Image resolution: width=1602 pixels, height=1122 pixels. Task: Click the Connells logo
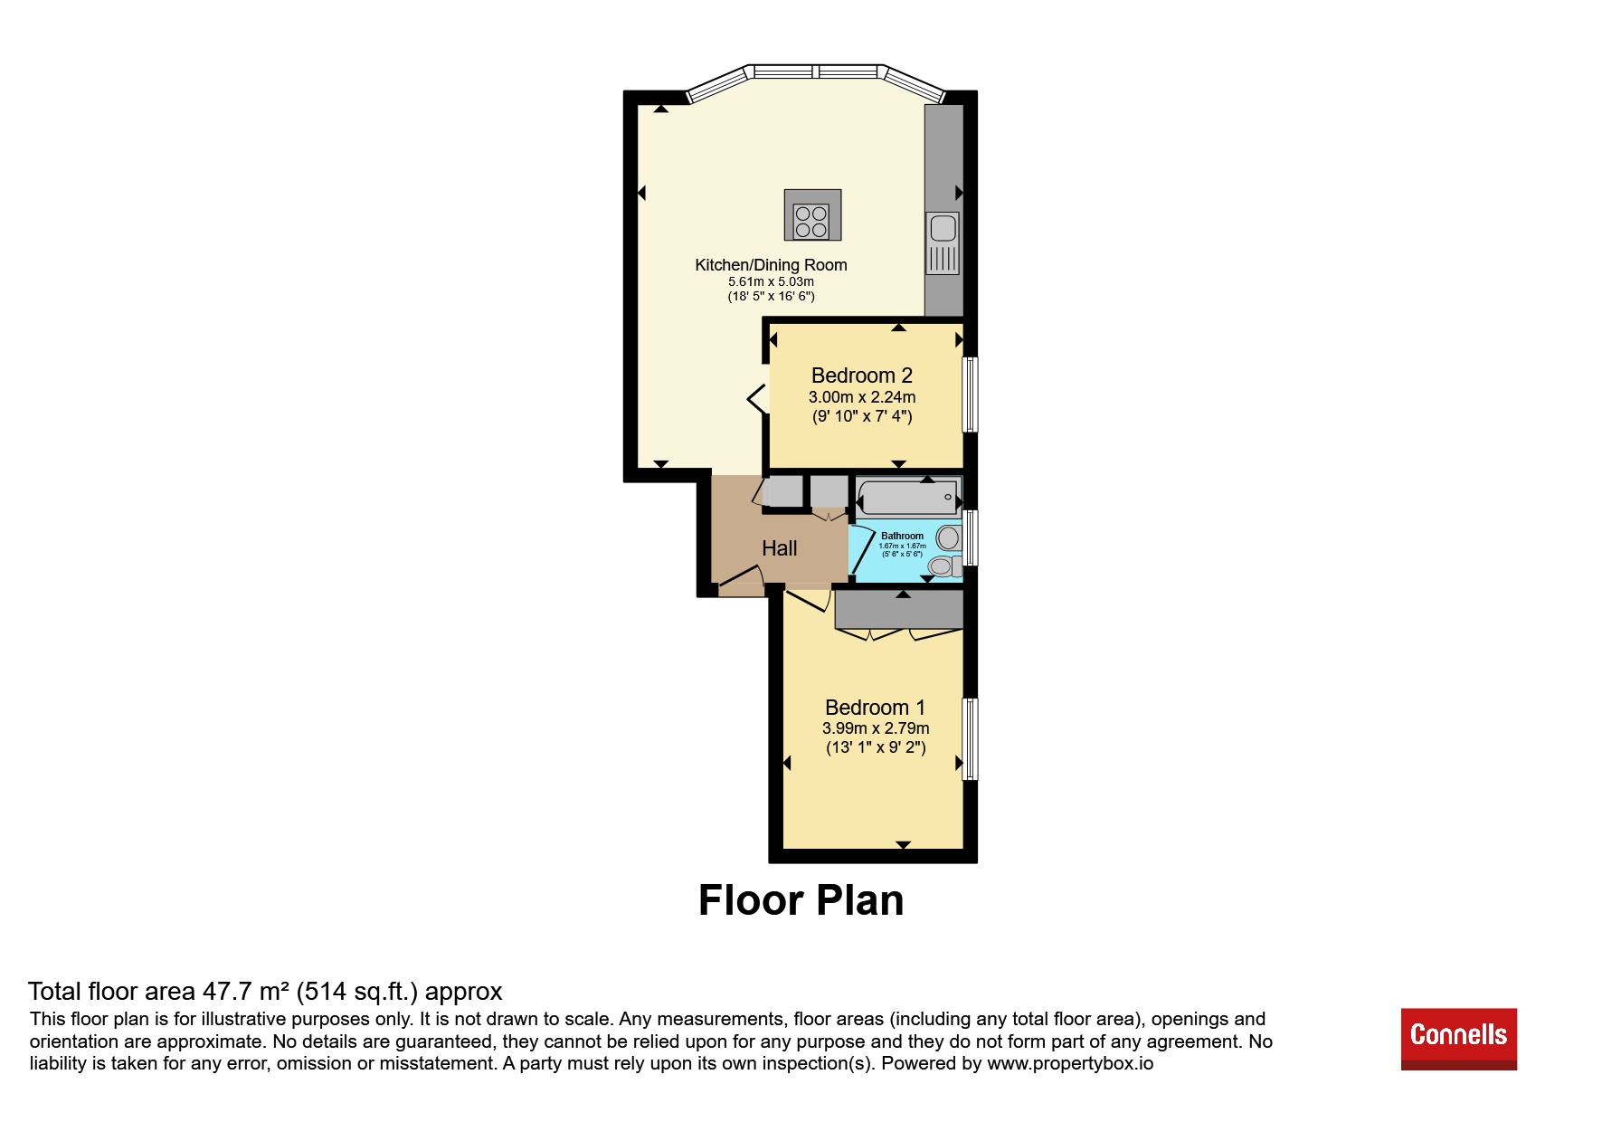[1458, 1039]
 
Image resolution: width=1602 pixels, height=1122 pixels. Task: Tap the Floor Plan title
[801, 900]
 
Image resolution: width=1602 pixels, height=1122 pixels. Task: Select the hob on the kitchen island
[811, 222]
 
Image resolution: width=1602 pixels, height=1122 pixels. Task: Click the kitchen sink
[943, 242]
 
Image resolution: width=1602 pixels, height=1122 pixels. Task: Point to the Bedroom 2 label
[862, 376]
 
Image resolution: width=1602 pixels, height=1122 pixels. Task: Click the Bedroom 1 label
[875, 708]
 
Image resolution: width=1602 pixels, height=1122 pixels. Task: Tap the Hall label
[780, 548]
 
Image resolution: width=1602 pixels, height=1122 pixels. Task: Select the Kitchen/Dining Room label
[771, 265]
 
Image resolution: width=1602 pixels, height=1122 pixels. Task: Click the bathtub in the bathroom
[907, 498]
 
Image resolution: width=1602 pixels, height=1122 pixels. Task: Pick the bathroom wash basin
[949, 537]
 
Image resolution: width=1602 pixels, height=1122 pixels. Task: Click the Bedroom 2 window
[971, 395]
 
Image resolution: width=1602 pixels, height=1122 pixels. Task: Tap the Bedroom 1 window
[971, 738]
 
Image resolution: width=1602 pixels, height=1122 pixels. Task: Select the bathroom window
[971, 537]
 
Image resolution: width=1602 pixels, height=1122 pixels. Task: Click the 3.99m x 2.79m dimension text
[876, 728]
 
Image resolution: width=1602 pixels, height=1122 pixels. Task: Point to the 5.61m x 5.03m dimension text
[771, 281]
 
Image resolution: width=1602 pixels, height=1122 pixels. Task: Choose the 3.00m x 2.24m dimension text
[862, 397]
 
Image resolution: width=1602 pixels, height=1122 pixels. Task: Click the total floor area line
[265, 993]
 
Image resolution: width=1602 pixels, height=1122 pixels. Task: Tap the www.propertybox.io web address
[1070, 1063]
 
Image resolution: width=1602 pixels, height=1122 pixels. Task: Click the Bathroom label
[903, 536]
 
